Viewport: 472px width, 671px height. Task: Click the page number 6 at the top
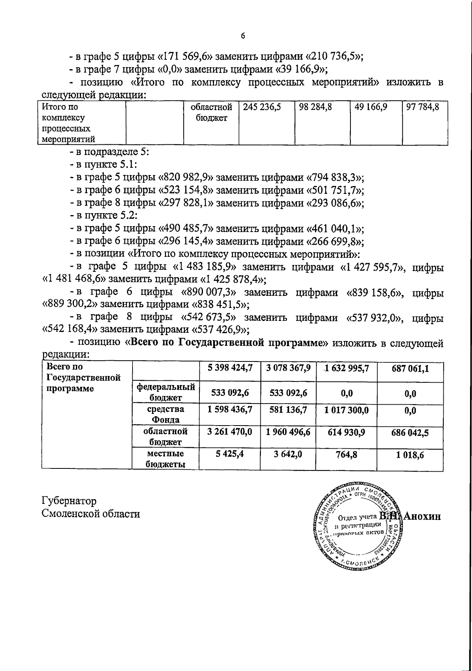(243, 36)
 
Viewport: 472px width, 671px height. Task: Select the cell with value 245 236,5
(262, 107)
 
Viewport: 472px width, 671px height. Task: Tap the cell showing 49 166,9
(371, 107)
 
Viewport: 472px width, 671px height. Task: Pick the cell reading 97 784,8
(423, 107)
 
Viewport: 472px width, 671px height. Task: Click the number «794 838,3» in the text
(335, 177)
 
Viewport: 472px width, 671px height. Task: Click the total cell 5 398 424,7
(230, 368)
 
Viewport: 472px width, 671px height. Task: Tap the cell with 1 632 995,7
(347, 369)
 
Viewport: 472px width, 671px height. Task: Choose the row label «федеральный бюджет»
(166, 392)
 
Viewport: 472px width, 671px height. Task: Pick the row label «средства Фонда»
(166, 414)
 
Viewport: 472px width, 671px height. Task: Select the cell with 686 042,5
(410, 433)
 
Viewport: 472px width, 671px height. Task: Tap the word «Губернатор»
(69, 501)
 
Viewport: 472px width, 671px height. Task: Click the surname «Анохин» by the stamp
(422, 517)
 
